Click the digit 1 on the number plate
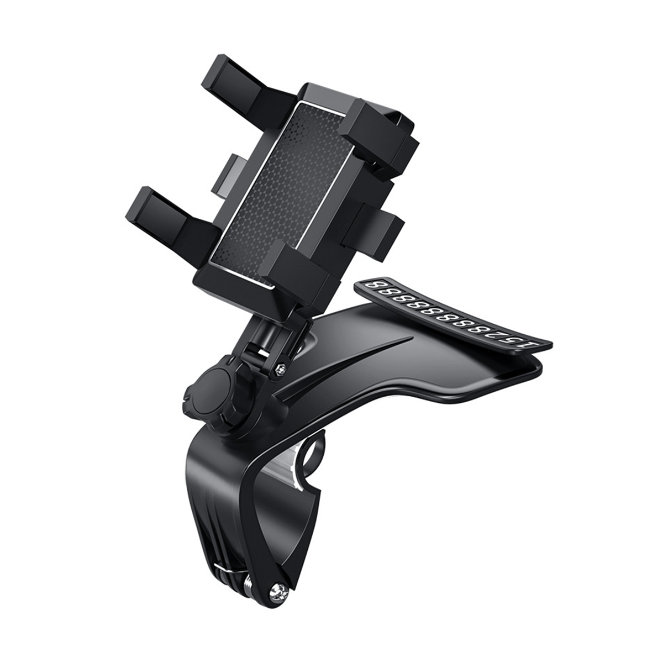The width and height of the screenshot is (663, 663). coord(531,346)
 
